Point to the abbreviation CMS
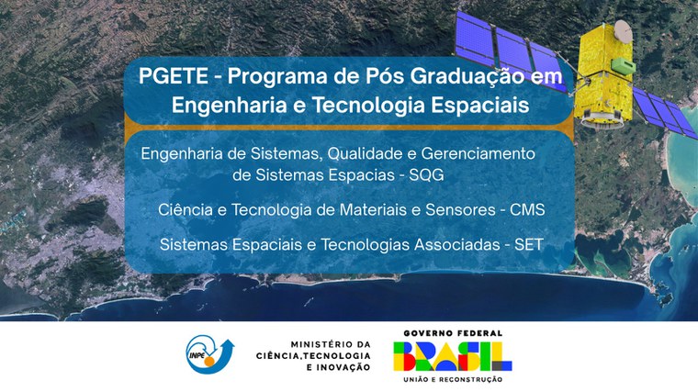tap(523, 209)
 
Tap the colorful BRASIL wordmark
tap(446, 355)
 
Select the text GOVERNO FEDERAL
tap(446, 333)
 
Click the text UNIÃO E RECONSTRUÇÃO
tap(446, 378)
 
